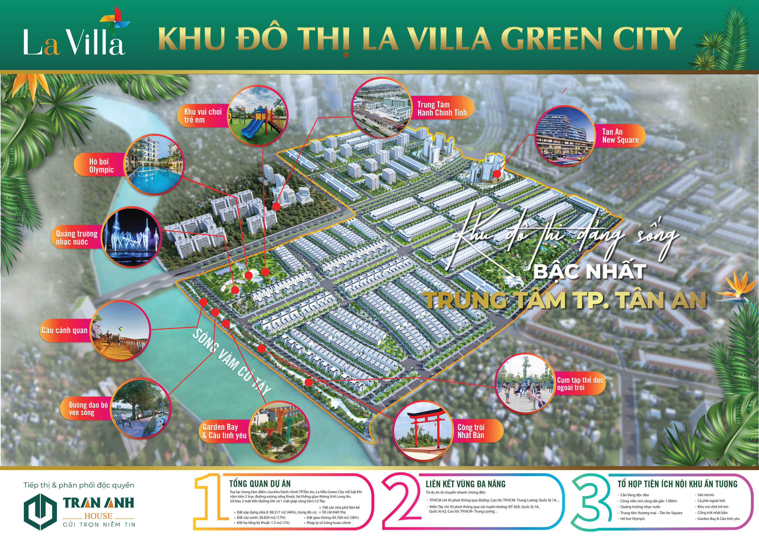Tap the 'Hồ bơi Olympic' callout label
[x=101, y=166]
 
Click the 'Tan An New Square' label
[x=620, y=136]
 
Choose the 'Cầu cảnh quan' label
[x=64, y=330]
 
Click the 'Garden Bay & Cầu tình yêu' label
[x=224, y=431]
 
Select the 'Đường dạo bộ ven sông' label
[x=88, y=409]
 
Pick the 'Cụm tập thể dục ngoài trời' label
[x=580, y=384]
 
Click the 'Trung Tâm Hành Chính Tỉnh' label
[x=442, y=109]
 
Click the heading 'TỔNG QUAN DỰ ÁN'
[x=260, y=484]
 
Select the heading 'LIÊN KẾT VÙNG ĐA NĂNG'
[x=465, y=484]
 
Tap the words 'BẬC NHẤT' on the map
[x=590, y=272]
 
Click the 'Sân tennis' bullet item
[x=705, y=495]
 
